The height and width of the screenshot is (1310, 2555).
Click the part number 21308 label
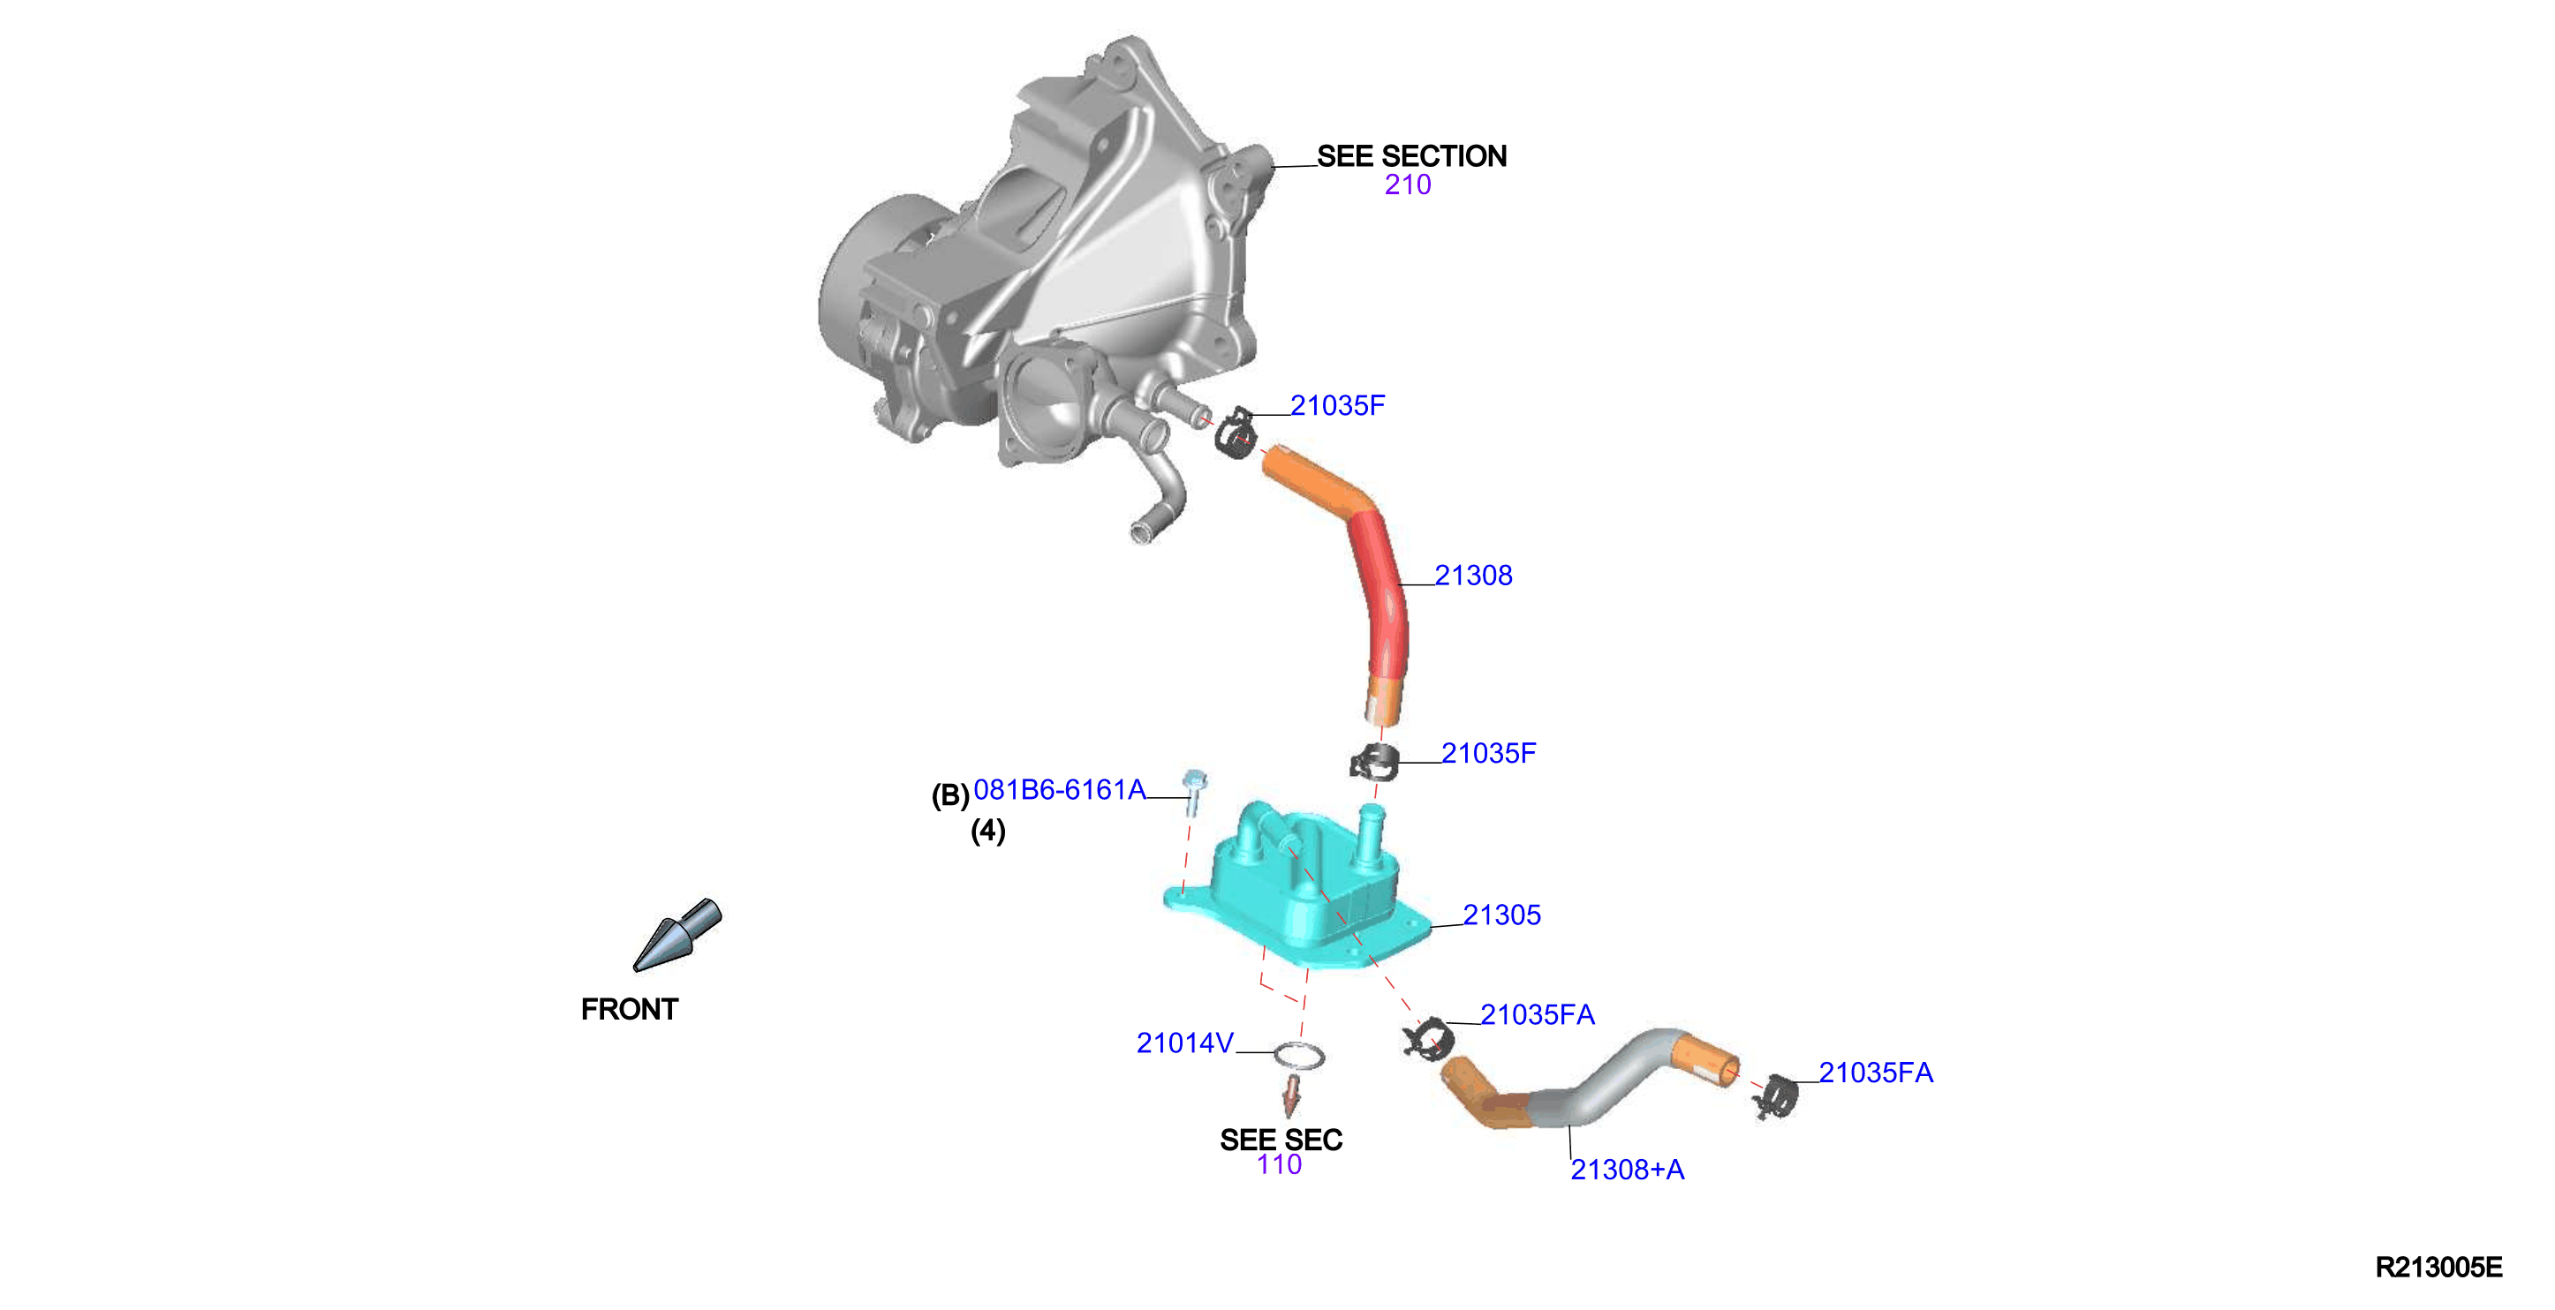pyautogui.click(x=1473, y=576)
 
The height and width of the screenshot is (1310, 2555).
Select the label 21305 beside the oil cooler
pyautogui.click(x=1501, y=915)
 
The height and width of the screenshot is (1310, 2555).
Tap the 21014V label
pyautogui.click(x=1185, y=1043)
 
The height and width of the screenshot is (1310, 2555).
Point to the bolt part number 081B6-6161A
pyautogui.click(x=1059, y=789)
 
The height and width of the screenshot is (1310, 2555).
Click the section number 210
pyautogui.click(x=1408, y=184)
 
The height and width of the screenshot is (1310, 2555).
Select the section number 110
pyautogui.click(x=1280, y=1164)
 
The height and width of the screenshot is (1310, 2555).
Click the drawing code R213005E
pyautogui.click(x=2439, y=1268)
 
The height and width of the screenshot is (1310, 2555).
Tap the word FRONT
pyautogui.click(x=630, y=1010)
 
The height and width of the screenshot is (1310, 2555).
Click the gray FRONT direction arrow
pyautogui.click(x=677, y=934)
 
